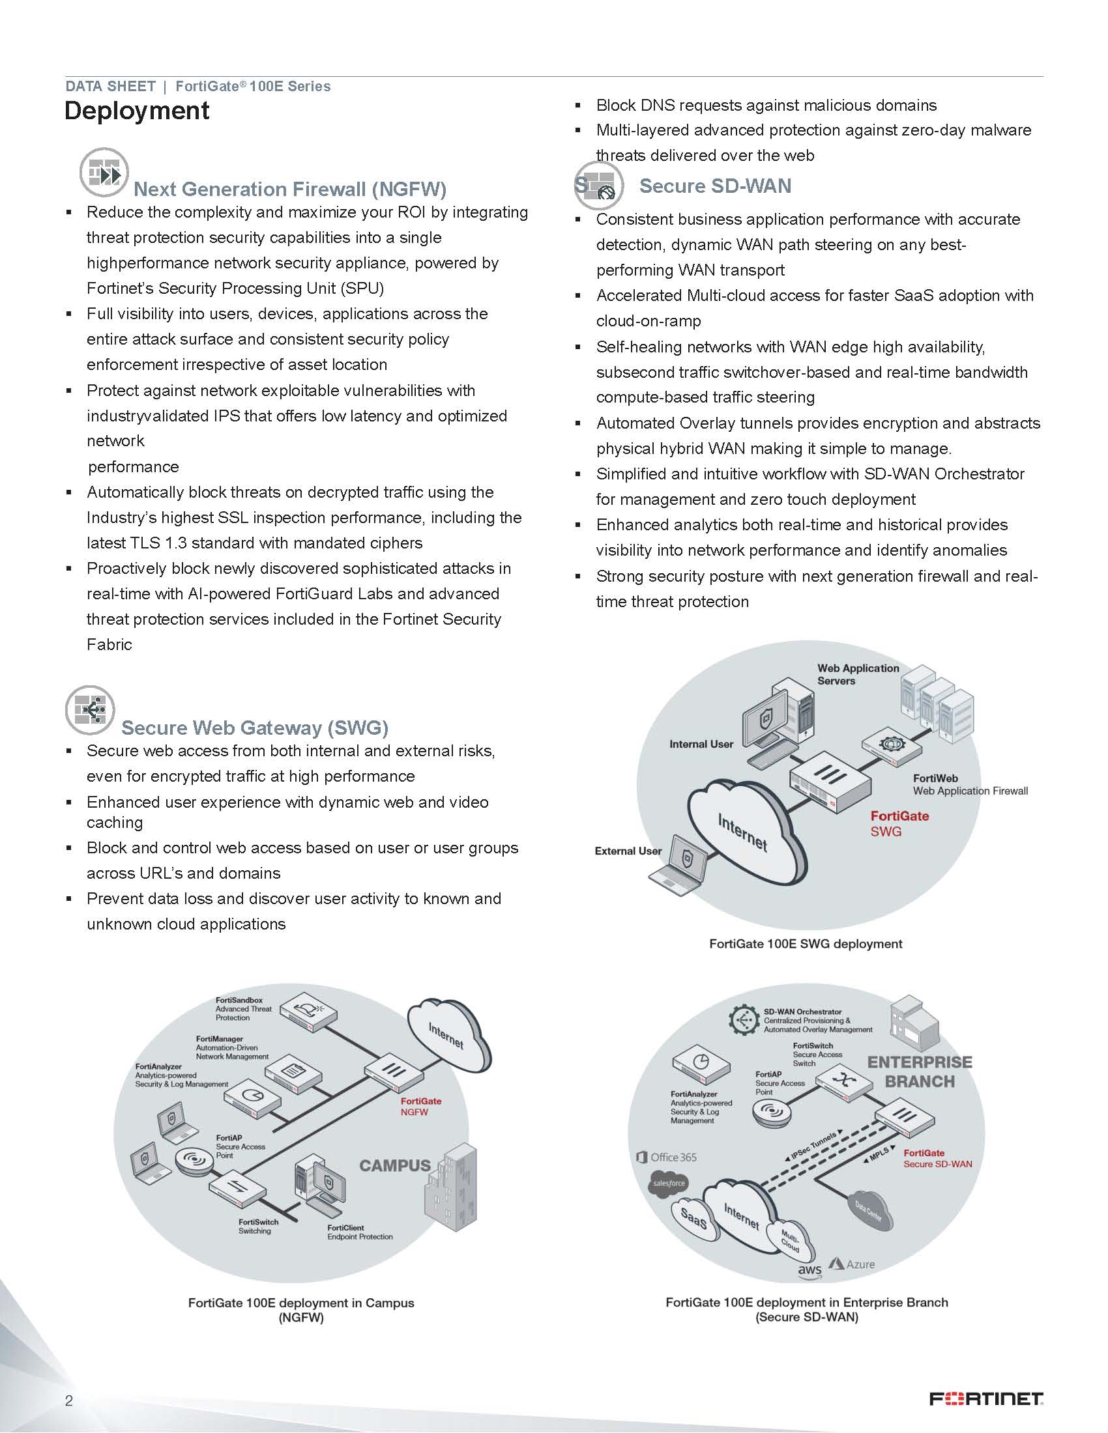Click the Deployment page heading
click(x=136, y=111)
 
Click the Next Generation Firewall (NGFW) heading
click(x=289, y=190)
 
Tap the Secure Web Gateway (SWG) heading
click(x=255, y=728)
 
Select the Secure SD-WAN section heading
click(x=715, y=186)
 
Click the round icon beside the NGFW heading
click(x=104, y=173)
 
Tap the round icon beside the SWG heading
click(x=90, y=711)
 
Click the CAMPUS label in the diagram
click(x=394, y=1165)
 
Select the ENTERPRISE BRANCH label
click(x=920, y=1071)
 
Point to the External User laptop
click(x=681, y=866)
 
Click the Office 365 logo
click(x=667, y=1157)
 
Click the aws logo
click(x=809, y=1270)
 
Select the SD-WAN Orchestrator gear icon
click(x=744, y=1020)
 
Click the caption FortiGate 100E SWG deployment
click(x=806, y=944)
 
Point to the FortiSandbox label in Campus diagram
click(x=239, y=1000)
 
